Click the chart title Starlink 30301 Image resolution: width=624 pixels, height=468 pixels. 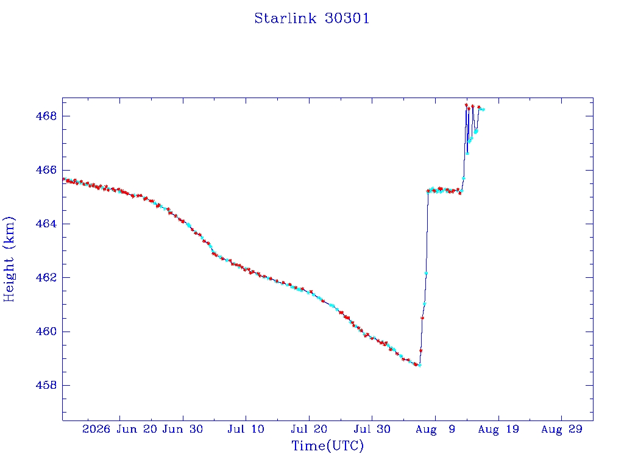[312, 18]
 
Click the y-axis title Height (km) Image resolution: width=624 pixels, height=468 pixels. [9, 260]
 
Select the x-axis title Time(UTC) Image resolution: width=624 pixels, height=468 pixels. [327, 445]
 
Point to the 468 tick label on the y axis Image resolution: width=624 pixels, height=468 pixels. [46, 116]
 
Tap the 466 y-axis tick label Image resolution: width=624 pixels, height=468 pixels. [46, 170]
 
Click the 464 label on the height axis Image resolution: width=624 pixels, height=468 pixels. [46, 224]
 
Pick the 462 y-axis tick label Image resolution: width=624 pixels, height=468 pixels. [46, 277]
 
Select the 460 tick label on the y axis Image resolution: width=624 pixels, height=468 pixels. [46, 331]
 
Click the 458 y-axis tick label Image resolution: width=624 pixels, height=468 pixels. [46, 385]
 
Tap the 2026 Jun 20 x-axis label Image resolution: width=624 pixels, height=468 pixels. [120, 429]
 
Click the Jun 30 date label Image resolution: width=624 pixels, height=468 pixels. [183, 429]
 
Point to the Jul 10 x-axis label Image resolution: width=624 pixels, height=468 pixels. [246, 429]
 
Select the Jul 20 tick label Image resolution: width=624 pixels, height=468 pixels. [309, 429]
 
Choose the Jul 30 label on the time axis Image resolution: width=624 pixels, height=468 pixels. [372, 429]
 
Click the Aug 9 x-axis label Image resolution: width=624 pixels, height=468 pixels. [435, 429]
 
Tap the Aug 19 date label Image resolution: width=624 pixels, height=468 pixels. [498, 429]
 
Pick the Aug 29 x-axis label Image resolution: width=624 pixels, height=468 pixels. [561, 429]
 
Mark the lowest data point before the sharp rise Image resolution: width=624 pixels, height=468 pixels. [419, 365]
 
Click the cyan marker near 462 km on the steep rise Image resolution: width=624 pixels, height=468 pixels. [426, 273]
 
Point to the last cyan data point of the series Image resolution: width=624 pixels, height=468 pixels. [483, 110]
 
